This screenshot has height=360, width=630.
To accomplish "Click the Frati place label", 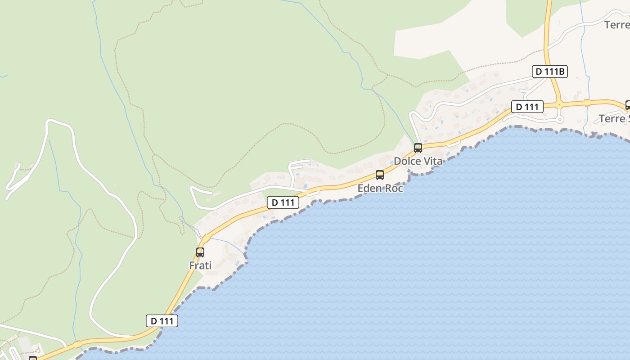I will click(200, 265).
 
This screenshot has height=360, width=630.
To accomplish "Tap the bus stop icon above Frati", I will click(200, 252).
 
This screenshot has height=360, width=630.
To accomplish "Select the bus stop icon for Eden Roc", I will click(380, 175).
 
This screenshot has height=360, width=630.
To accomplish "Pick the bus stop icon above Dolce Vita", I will click(418, 148).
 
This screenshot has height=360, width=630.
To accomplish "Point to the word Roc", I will click(393, 188).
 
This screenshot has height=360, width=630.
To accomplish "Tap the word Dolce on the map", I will click(407, 161).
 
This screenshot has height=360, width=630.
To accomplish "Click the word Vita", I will click(433, 161).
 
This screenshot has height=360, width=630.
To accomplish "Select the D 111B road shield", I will click(549, 72).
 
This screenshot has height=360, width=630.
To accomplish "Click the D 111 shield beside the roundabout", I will click(527, 107).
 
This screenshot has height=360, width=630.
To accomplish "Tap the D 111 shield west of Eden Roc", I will click(283, 202).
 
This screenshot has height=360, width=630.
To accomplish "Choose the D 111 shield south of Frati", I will click(162, 321).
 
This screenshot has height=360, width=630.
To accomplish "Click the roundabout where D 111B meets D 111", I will click(559, 105).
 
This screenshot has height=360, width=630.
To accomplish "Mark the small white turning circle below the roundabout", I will click(560, 120).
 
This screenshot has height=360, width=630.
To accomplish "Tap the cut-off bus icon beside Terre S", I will click(628, 105).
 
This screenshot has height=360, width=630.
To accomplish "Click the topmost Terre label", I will click(617, 25).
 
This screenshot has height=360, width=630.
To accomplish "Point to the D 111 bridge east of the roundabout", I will click(587, 103).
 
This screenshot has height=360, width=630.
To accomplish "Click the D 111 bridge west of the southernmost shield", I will click(77, 344).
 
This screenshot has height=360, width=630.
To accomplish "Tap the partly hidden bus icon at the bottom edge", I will click(33, 358).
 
